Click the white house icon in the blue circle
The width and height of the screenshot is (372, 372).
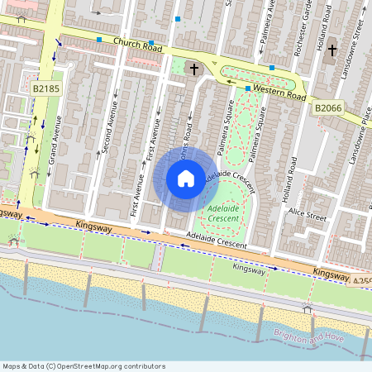186,178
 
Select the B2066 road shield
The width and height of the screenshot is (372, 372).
327,107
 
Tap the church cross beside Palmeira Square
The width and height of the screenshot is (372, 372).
195,69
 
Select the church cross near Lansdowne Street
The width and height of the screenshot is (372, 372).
332,50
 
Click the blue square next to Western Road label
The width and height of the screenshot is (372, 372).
248,88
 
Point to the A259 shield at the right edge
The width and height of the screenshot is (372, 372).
365,280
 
